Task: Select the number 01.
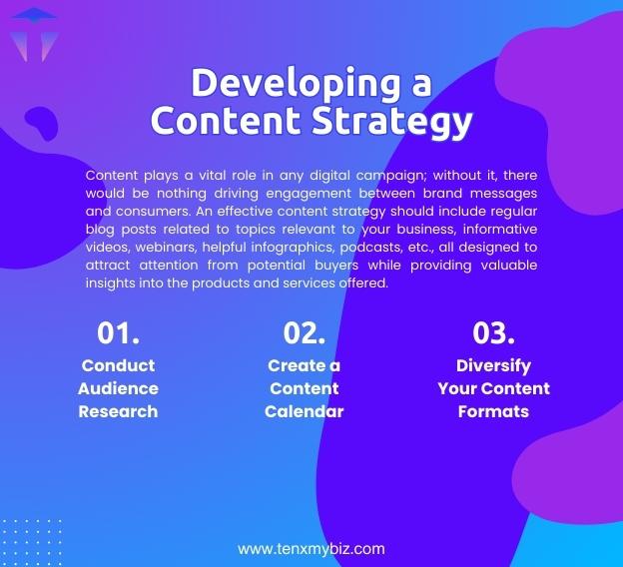click(x=118, y=332)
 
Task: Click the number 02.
click(x=304, y=332)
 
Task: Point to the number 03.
click(x=493, y=332)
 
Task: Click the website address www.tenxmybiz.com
click(x=311, y=548)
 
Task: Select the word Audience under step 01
click(x=118, y=388)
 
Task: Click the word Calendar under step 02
click(x=304, y=411)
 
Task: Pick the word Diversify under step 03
click(x=493, y=365)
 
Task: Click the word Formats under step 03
click(x=493, y=411)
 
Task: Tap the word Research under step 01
click(x=118, y=411)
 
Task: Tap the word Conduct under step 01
click(x=118, y=365)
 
